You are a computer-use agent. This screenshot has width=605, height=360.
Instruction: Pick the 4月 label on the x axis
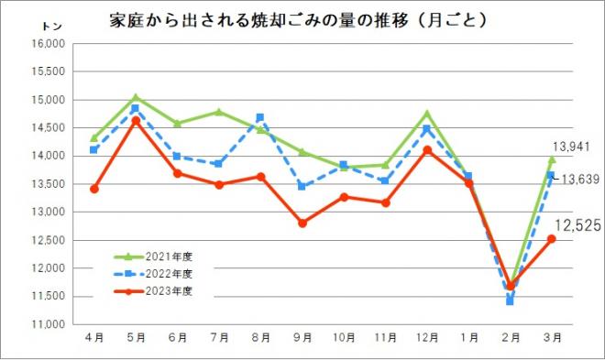pyautogui.click(x=93, y=338)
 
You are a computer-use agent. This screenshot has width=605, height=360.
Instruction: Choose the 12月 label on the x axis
pyautogui.click(x=426, y=338)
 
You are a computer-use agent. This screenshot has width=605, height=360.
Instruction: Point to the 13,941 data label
pyautogui.click(x=568, y=147)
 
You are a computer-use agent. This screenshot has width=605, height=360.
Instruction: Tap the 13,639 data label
pyautogui.click(x=579, y=179)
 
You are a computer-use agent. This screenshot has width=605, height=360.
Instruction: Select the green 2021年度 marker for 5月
pyautogui.click(x=135, y=97)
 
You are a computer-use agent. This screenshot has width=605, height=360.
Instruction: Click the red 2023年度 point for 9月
pyautogui.click(x=302, y=223)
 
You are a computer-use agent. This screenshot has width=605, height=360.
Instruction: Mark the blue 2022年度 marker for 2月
pyautogui.click(x=510, y=300)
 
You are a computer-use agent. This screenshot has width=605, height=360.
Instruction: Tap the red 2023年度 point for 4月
pyautogui.click(x=93, y=189)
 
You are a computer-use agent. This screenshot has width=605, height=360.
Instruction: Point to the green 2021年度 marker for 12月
pyautogui.click(x=426, y=114)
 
